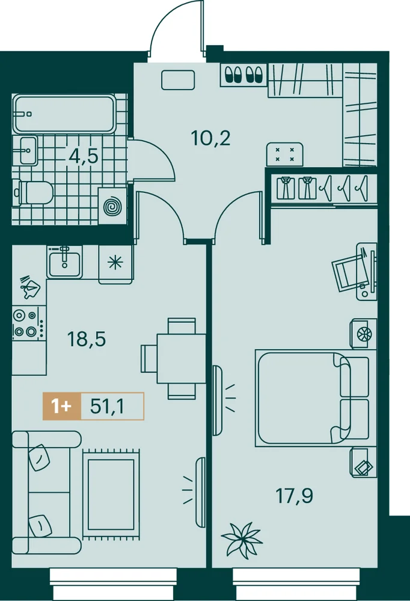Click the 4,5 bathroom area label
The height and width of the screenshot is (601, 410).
[84, 156]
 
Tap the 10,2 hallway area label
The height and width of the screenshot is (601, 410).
[210, 138]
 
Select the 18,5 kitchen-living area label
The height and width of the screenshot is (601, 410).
[87, 339]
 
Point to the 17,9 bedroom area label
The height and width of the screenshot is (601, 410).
[294, 496]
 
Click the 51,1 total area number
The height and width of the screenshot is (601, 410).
[108, 406]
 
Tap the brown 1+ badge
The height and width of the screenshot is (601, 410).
[62, 406]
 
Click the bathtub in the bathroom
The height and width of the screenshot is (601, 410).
[64, 114]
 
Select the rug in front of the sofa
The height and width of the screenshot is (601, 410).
[111, 495]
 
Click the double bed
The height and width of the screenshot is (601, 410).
[312, 398]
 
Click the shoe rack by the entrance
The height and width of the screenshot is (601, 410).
[244, 75]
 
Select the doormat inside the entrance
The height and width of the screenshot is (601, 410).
[178, 80]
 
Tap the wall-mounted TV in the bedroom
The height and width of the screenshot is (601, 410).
[217, 400]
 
